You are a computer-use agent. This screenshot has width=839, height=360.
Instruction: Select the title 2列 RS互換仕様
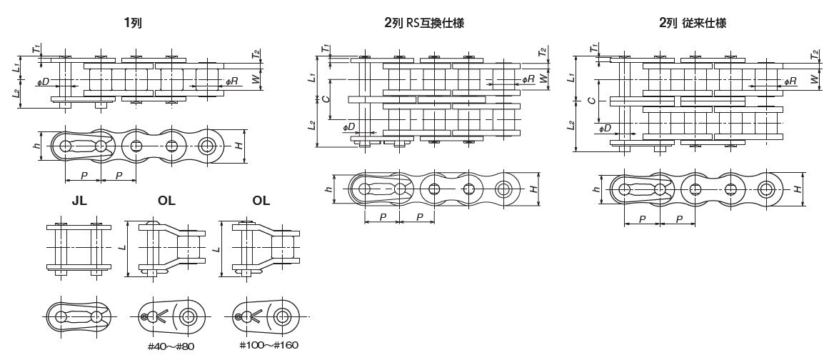(x=424, y=24)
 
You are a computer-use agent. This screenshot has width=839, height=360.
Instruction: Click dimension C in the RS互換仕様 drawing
(x=326, y=101)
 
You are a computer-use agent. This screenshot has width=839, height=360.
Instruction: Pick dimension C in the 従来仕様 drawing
(x=591, y=101)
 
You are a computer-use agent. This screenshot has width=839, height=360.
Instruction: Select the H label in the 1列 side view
(x=239, y=146)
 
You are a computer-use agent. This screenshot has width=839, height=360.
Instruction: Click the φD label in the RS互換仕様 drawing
(x=348, y=128)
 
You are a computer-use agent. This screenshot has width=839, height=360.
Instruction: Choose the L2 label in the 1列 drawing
(x=16, y=93)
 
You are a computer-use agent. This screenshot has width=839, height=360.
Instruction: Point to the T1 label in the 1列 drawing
(x=35, y=49)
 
